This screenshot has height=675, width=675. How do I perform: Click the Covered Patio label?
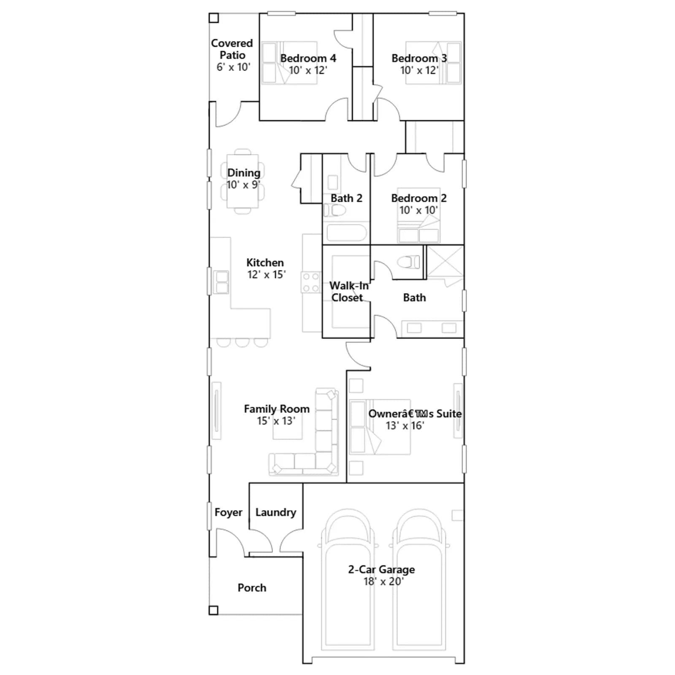pyautogui.click(x=232, y=49)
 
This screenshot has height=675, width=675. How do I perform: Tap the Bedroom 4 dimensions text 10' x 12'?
pyautogui.click(x=308, y=70)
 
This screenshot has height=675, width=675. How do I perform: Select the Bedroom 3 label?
pyautogui.click(x=419, y=58)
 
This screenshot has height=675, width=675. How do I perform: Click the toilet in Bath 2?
pyautogui.click(x=335, y=210)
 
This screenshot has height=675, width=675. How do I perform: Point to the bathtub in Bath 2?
pyautogui.click(x=346, y=232)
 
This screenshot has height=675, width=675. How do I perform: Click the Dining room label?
pyautogui.click(x=244, y=173)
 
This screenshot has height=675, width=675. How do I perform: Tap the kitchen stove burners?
pyautogui.click(x=311, y=282)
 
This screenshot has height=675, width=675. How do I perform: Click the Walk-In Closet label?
pyautogui.click(x=348, y=292)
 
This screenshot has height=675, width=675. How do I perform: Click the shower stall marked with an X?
pyautogui.click(x=445, y=262)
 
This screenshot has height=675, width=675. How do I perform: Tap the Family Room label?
pyautogui.click(x=277, y=409)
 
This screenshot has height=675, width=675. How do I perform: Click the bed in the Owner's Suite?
pyautogui.click(x=380, y=427)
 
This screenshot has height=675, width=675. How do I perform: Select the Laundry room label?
pyautogui.click(x=276, y=512)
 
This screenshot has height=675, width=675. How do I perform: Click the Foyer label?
pyautogui.click(x=228, y=512)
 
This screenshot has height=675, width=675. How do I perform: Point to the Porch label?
pyautogui.click(x=252, y=588)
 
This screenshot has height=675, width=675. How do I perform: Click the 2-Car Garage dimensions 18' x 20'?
pyautogui.click(x=383, y=581)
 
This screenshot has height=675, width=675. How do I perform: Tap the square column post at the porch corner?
pyautogui.click(x=213, y=610)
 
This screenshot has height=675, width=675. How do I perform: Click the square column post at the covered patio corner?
pyautogui.click(x=214, y=18)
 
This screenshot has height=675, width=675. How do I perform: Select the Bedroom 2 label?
pyautogui.click(x=419, y=198)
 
